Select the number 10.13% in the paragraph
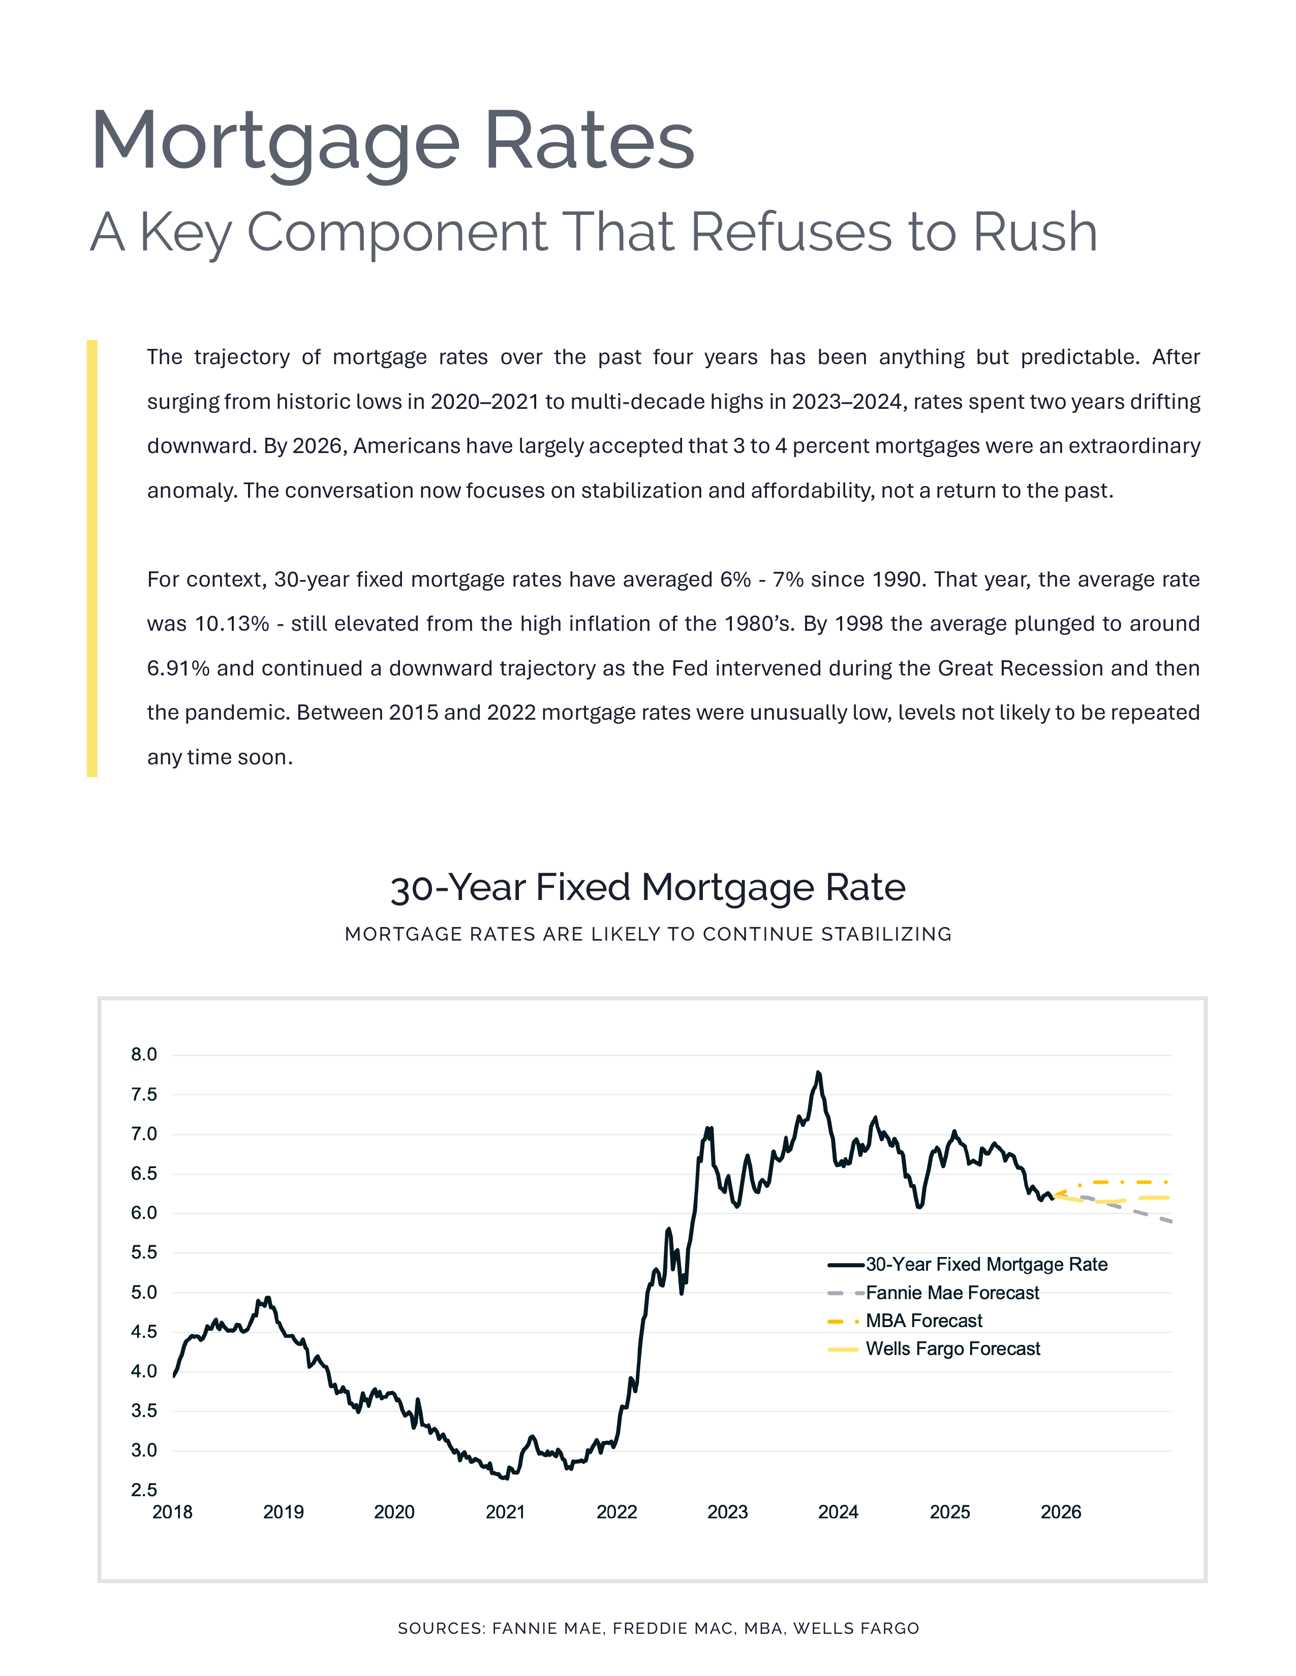click(232, 624)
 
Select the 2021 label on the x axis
click(505, 1512)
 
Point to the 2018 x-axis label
click(173, 1512)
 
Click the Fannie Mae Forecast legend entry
click(952, 1293)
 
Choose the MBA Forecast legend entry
click(923, 1320)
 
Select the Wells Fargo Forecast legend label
click(953, 1349)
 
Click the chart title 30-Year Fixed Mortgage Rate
click(648, 888)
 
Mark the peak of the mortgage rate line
click(818, 1073)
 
